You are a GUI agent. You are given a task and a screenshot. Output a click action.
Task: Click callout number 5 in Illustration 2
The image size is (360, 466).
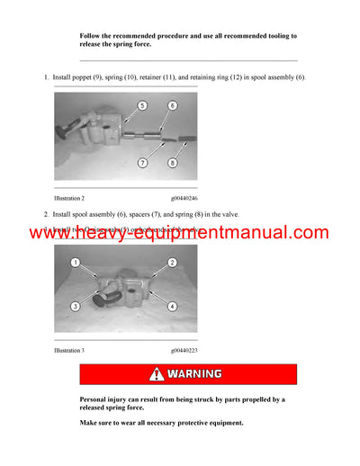click(141, 106)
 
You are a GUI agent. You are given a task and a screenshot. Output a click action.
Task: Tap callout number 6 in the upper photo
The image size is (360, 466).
click(171, 106)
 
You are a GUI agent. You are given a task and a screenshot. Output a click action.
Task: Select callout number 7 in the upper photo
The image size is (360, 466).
click(142, 163)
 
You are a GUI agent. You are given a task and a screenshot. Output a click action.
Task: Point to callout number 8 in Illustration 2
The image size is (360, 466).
click(171, 163)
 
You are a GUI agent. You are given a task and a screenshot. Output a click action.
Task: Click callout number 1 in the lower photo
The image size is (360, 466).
click(76, 263)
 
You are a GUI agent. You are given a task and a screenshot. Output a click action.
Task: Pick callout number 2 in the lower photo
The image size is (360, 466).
click(171, 263)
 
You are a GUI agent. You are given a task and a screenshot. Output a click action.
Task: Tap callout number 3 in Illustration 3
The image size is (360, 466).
click(76, 307)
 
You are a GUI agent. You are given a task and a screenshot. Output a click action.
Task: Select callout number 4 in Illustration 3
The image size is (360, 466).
click(171, 307)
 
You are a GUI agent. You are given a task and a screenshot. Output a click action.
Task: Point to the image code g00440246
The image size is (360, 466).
click(184, 197)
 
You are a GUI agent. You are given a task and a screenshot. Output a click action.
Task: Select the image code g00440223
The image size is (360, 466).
click(184, 350)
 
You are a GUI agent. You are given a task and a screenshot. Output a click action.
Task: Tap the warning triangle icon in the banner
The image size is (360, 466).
click(157, 374)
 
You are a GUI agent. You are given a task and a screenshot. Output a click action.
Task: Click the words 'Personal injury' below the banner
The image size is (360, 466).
click(105, 399)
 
